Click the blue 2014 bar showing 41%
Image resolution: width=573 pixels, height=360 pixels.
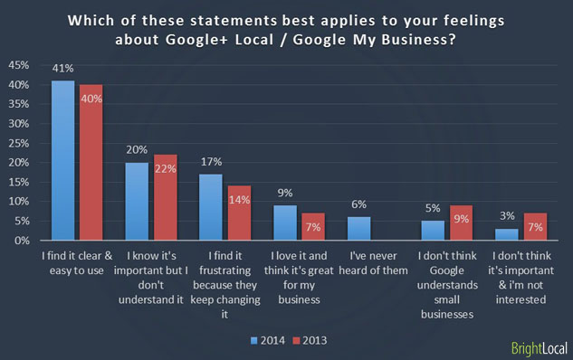[63, 160]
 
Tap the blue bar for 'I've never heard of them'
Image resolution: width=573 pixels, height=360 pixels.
[359, 228]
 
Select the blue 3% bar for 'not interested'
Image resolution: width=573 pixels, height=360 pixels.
[507, 234]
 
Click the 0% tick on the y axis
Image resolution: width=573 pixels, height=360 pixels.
[19, 241]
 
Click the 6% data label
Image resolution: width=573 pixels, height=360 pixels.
[359, 205]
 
